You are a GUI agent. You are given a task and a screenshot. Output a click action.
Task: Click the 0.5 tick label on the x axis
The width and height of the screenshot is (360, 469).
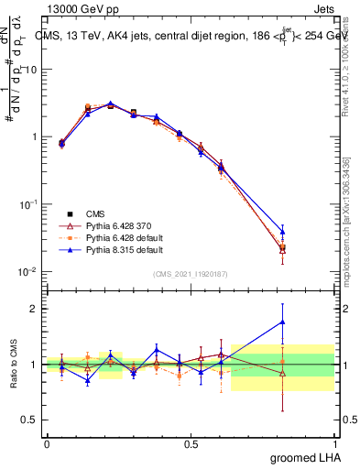point(191,443)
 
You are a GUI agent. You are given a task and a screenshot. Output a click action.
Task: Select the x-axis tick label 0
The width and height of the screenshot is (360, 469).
point(47,443)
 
